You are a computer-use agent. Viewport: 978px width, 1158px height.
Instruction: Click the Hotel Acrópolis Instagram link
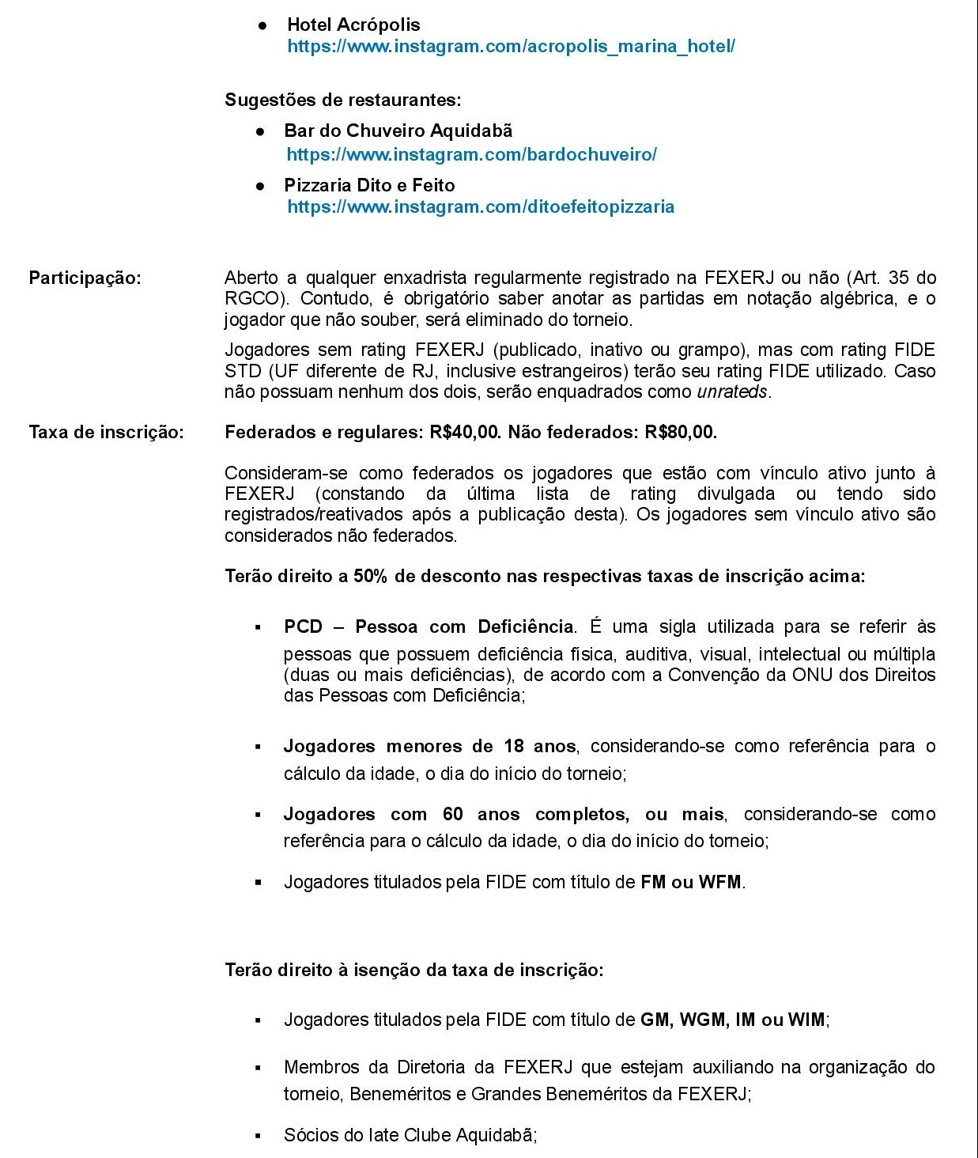click(x=511, y=46)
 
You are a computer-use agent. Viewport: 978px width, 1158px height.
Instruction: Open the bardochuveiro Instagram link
click(x=471, y=154)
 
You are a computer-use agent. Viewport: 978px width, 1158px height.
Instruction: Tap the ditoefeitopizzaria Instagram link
click(x=481, y=207)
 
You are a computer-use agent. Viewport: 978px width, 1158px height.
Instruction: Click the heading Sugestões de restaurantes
click(x=342, y=100)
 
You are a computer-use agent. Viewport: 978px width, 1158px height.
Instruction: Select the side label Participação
click(x=85, y=278)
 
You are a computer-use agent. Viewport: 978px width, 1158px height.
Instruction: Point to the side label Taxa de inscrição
click(x=106, y=432)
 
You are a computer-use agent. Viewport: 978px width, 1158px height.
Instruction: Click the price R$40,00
click(x=465, y=432)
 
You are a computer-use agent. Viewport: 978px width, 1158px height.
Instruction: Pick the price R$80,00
click(x=680, y=432)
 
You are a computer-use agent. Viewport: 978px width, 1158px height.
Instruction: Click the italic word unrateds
click(x=731, y=392)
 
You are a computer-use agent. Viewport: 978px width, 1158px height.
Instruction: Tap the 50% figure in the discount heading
click(x=370, y=576)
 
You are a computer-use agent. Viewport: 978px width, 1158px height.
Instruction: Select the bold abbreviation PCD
click(x=303, y=626)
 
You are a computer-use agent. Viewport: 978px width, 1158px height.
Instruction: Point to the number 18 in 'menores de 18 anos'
click(x=514, y=746)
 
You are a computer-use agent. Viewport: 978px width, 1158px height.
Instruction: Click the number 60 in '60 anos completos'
click(x=453, y=814)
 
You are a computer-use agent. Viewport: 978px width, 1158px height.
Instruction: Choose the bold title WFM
click(x=720, y=882)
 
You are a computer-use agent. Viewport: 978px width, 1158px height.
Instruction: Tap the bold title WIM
click(x=806, y=1020)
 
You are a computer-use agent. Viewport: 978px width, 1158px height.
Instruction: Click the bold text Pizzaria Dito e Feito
click(x=369, y=185)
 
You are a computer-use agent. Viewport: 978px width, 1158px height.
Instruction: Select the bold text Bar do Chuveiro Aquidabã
click(x=398, y=131)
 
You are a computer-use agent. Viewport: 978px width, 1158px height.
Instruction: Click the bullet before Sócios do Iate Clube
click(x=258, y=1136)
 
